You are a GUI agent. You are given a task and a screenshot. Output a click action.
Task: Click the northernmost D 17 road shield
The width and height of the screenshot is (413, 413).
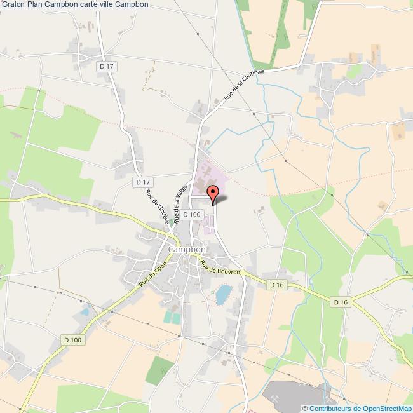coord(105,65)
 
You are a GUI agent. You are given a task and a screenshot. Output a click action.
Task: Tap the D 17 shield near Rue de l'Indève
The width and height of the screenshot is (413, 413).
coord(142,182)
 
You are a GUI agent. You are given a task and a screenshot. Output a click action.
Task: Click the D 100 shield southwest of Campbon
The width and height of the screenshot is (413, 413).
coord(72,340)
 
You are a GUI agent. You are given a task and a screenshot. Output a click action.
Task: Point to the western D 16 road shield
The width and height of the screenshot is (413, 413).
coord(276,285)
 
